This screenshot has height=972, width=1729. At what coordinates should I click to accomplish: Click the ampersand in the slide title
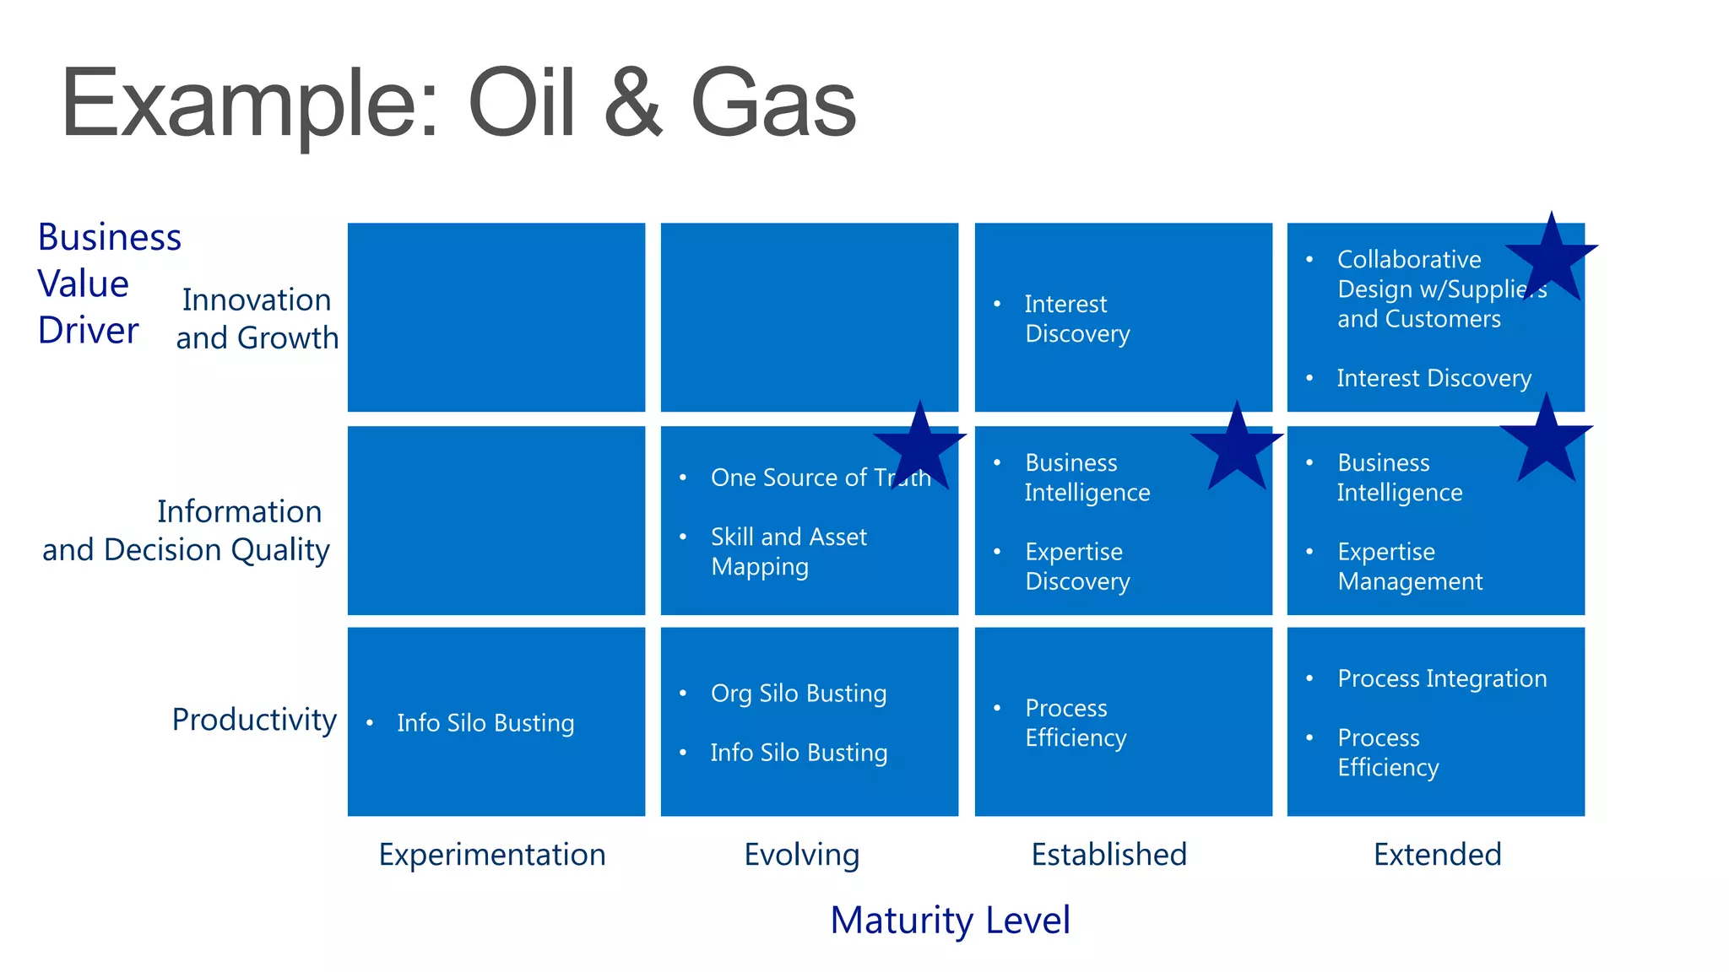click(633, 103)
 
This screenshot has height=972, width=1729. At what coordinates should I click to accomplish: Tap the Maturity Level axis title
click(950, 920)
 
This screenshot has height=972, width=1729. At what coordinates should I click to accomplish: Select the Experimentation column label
click(492, 855)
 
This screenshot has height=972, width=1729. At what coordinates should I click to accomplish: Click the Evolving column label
click(801, 855)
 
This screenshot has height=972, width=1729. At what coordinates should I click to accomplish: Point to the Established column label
click(1108, 855)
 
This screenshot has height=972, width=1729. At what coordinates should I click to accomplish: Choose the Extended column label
click(1437, 855)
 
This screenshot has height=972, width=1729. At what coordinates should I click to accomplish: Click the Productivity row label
click(254, 720)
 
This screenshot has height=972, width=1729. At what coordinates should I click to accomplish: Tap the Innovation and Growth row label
click(257, 319)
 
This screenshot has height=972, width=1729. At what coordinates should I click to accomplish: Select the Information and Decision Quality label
click(187, 531)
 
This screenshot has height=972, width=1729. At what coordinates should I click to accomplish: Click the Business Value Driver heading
click(109, 283)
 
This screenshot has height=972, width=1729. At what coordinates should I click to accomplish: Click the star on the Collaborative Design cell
click(1551, 258)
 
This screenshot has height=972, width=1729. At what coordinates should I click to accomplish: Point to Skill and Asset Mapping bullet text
click(789, 552)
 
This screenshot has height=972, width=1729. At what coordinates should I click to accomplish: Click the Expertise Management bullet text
click(1409, 566)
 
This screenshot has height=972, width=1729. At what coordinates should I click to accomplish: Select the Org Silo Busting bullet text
click(799, 694)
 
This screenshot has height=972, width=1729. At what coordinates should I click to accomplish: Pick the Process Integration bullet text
click(1442, 678)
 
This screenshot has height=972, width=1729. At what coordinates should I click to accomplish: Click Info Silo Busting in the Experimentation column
click(485, 723)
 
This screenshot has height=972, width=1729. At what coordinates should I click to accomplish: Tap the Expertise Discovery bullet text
click(1076, 566)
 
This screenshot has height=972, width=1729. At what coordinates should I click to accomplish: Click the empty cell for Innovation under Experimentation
click(496, 317)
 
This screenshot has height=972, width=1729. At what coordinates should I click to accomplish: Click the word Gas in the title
click(772, 103)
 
